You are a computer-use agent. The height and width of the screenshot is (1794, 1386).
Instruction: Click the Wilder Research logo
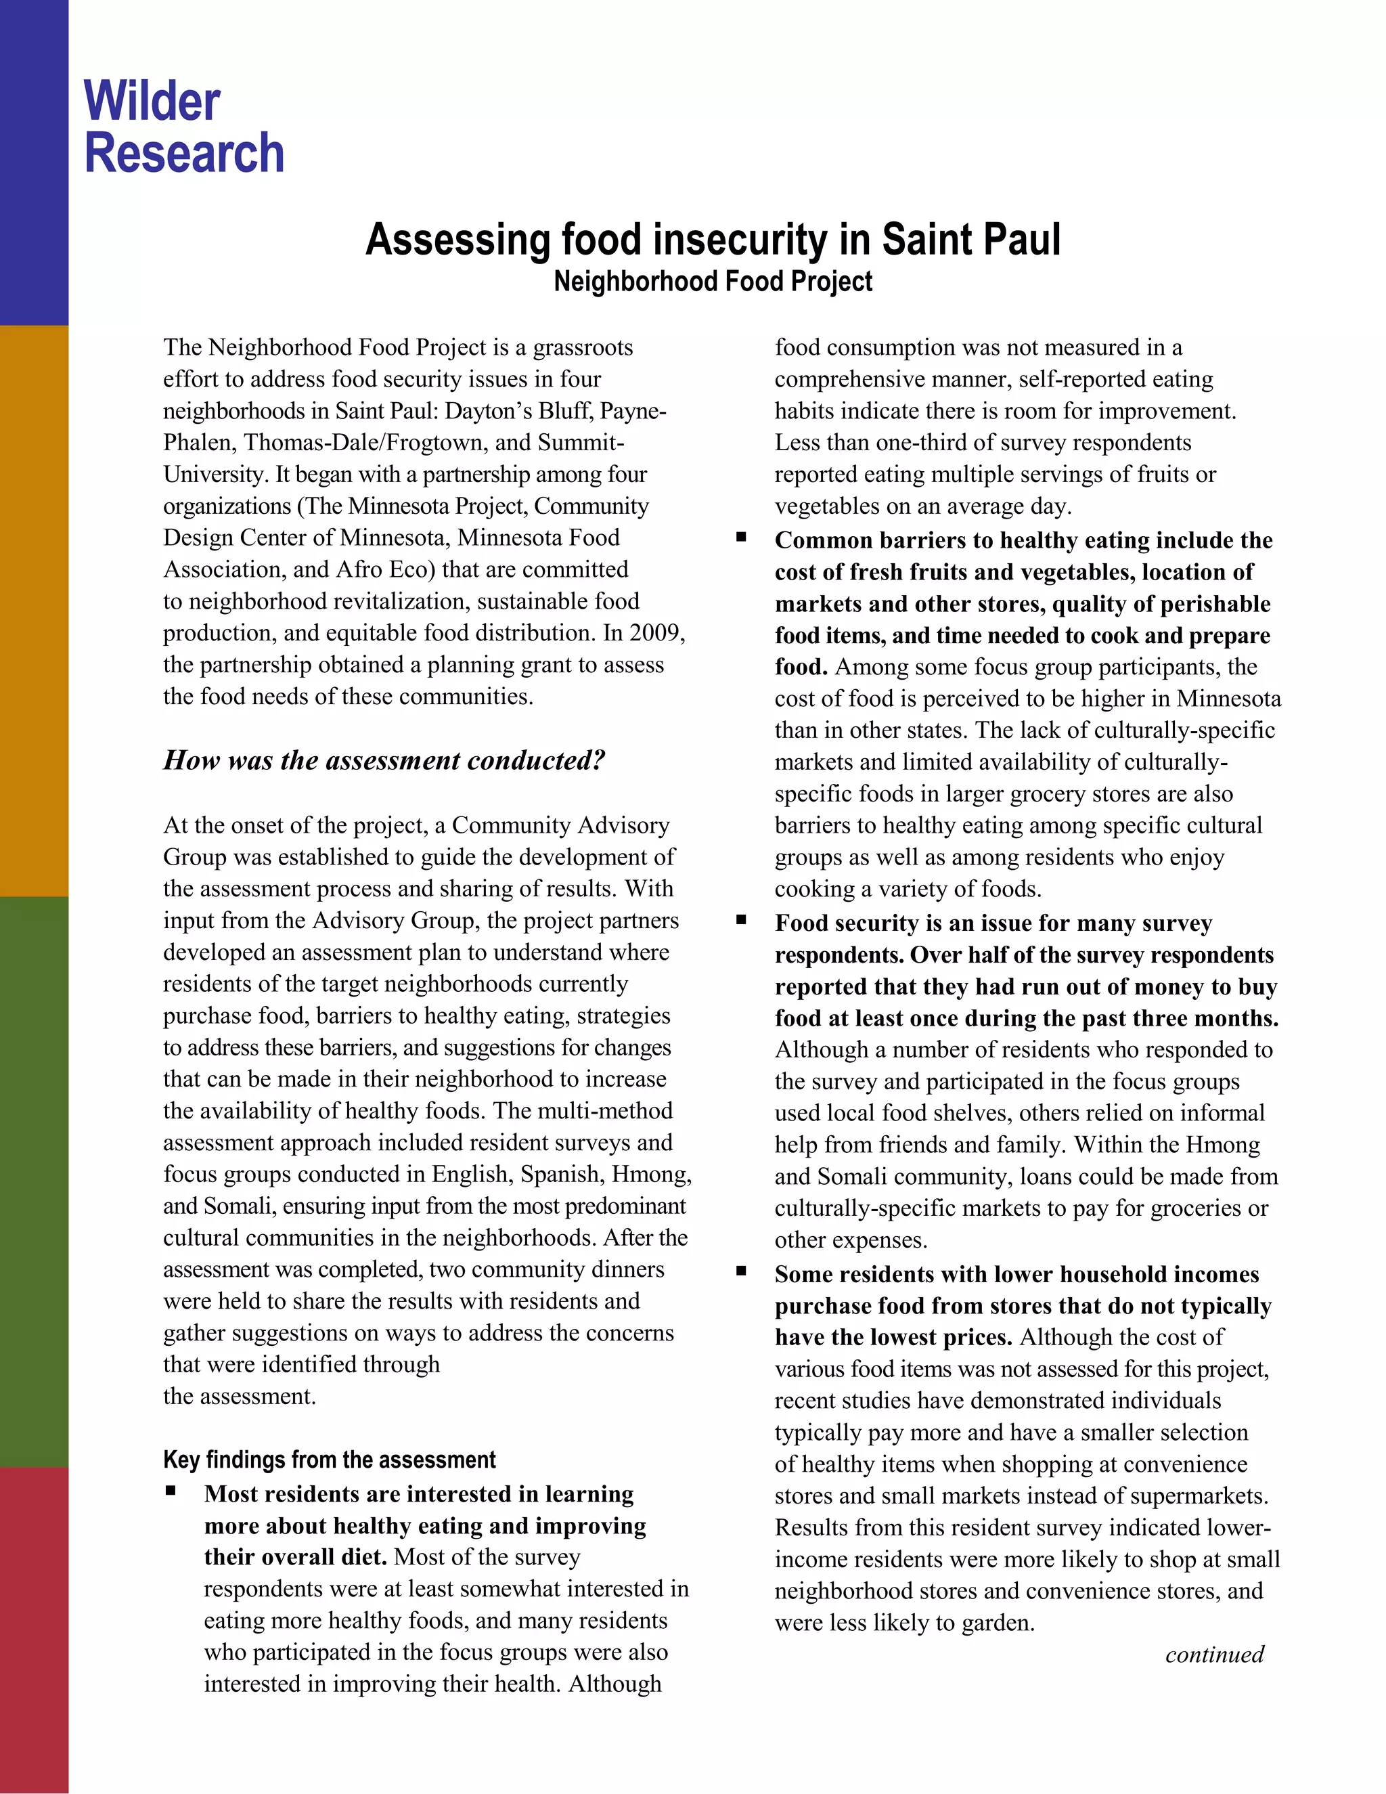point(184,127)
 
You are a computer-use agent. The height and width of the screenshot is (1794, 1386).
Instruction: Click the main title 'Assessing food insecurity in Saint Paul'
point(713,240)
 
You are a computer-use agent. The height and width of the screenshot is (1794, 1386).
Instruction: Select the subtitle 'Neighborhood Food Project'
point(713,282)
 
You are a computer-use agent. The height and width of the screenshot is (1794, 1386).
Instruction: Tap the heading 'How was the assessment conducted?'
point(384,760)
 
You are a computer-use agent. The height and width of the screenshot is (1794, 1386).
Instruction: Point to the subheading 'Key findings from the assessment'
point(330,1460)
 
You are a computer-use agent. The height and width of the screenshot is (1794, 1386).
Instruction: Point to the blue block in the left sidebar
point(34,162)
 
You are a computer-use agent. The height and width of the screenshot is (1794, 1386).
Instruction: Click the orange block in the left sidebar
point(34,611)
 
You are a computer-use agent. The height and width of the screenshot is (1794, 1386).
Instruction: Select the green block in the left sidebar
point(34,1181)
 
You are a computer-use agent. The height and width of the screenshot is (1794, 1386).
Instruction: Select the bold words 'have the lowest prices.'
point(893,1337)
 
